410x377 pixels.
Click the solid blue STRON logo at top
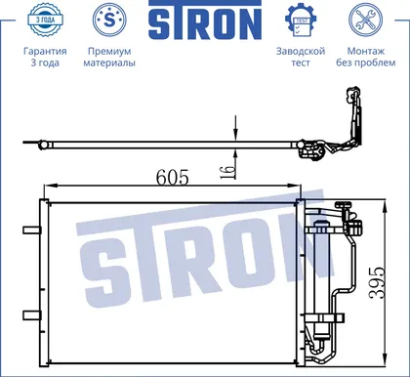(205, 21)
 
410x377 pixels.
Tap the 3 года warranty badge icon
(45, 20)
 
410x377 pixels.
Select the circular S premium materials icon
(109, 20)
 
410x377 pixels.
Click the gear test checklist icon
(301, 21)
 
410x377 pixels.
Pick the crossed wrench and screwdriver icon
(366, 20)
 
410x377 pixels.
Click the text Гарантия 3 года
(45, 57)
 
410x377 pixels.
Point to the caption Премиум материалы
(109, 57)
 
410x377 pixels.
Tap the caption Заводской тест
(301, 57)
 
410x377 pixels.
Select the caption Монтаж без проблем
(366, 57)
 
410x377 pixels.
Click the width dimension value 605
(172, 178)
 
